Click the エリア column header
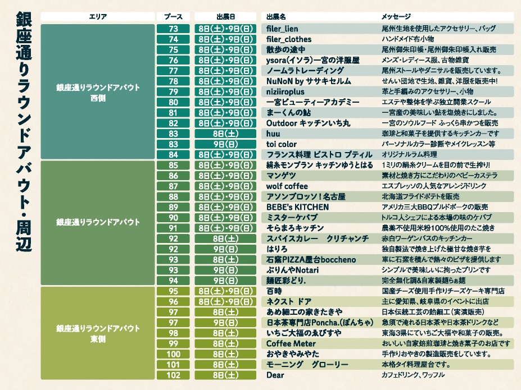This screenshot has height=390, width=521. pos(98,17)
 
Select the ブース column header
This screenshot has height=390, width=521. pos(173,17)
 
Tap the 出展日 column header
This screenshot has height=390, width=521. pos(225,17)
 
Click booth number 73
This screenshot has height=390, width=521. pos(173,29)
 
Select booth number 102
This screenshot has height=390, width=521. pos(173,375)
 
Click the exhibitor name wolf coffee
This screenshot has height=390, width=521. pos(287,186)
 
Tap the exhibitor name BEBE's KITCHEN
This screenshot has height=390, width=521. pos(297,207)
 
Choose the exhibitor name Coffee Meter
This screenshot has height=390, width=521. pos(291,343)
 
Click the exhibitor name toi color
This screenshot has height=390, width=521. pos(282,144)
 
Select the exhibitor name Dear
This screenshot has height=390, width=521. pos(275,375)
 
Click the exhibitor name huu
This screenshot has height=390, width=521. pos(273,134)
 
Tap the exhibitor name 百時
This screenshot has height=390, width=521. pos(274,291)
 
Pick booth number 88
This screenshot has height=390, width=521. pos(173,197)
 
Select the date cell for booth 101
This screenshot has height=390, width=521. pos(225,365)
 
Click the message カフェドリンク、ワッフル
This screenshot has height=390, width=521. pos(413,375)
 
